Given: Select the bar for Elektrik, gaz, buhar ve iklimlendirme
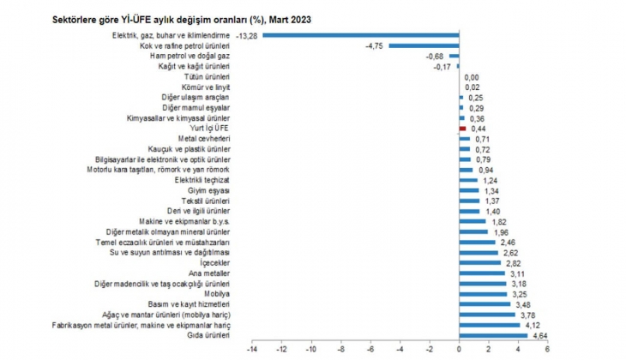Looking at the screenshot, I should click(x=360, y=35).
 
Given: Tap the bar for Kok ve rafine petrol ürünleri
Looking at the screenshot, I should click(x=424, y=45).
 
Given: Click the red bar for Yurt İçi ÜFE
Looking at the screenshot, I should click(x=462, y=128).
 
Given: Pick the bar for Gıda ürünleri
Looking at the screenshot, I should click(x=493, y=335).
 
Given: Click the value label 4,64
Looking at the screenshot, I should click(x=540, y=335).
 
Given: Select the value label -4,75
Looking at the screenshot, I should click(x=375, y=45).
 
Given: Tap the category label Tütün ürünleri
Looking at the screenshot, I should click(x=206, y=76).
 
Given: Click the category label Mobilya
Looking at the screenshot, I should click(x=218, y=294).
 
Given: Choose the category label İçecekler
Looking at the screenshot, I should click(x=215, y=263).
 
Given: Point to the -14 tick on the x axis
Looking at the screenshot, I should click(x=251, y=350).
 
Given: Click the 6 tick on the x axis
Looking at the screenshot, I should click(x=546, y=350).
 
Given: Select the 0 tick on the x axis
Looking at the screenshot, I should click(x=459, y=350).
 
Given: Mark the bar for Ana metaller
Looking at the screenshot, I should click(x=482, y=273).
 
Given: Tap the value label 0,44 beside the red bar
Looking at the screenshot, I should click(x=479, y=128).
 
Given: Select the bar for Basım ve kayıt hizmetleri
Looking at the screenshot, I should click(x=485, y=304).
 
